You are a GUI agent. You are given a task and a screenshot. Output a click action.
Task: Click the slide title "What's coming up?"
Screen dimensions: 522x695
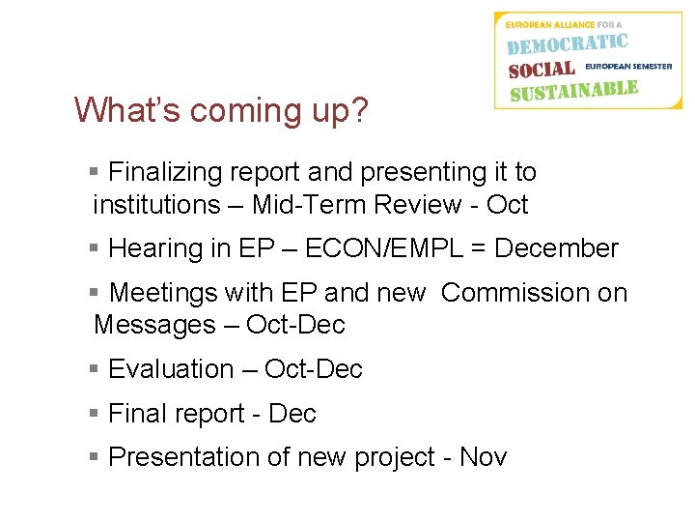click(x=221, y=110)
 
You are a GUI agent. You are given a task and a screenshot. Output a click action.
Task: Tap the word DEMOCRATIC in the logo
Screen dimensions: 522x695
click(x=568, y=44)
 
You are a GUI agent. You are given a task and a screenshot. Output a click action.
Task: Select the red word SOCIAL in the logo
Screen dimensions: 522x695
click(x=542, y=70)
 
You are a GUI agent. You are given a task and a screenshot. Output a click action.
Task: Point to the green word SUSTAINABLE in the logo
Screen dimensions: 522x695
click(x=573, y=92)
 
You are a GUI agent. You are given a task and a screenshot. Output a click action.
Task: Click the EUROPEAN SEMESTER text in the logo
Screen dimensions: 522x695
click(x=628, y=67)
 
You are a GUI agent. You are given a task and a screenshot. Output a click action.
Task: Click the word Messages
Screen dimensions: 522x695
click(x=150, y=325)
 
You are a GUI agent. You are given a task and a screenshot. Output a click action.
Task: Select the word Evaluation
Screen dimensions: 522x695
click(x=171, y=369)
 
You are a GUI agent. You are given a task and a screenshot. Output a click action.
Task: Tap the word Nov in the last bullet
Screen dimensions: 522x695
click(x=483, y=456)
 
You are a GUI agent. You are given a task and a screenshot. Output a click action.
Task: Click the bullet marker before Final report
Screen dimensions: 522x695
click(x=94, y=413)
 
